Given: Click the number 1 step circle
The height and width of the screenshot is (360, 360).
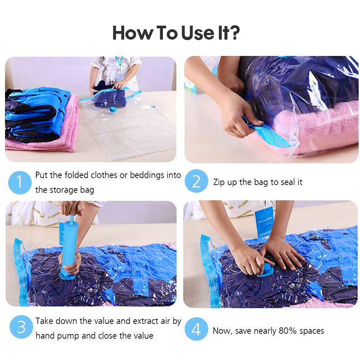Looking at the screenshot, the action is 20,183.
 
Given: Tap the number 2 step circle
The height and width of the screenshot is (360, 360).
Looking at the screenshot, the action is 196,181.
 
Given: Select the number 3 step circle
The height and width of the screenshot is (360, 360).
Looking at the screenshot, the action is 21,327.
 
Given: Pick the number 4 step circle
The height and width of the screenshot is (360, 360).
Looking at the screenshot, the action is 196,329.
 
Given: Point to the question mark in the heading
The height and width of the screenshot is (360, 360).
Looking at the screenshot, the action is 234,33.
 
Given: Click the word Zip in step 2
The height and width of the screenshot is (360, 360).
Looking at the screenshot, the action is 219,182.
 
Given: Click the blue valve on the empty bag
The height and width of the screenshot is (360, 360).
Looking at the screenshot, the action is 112,109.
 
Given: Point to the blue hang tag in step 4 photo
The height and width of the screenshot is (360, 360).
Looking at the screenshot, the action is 264,221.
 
